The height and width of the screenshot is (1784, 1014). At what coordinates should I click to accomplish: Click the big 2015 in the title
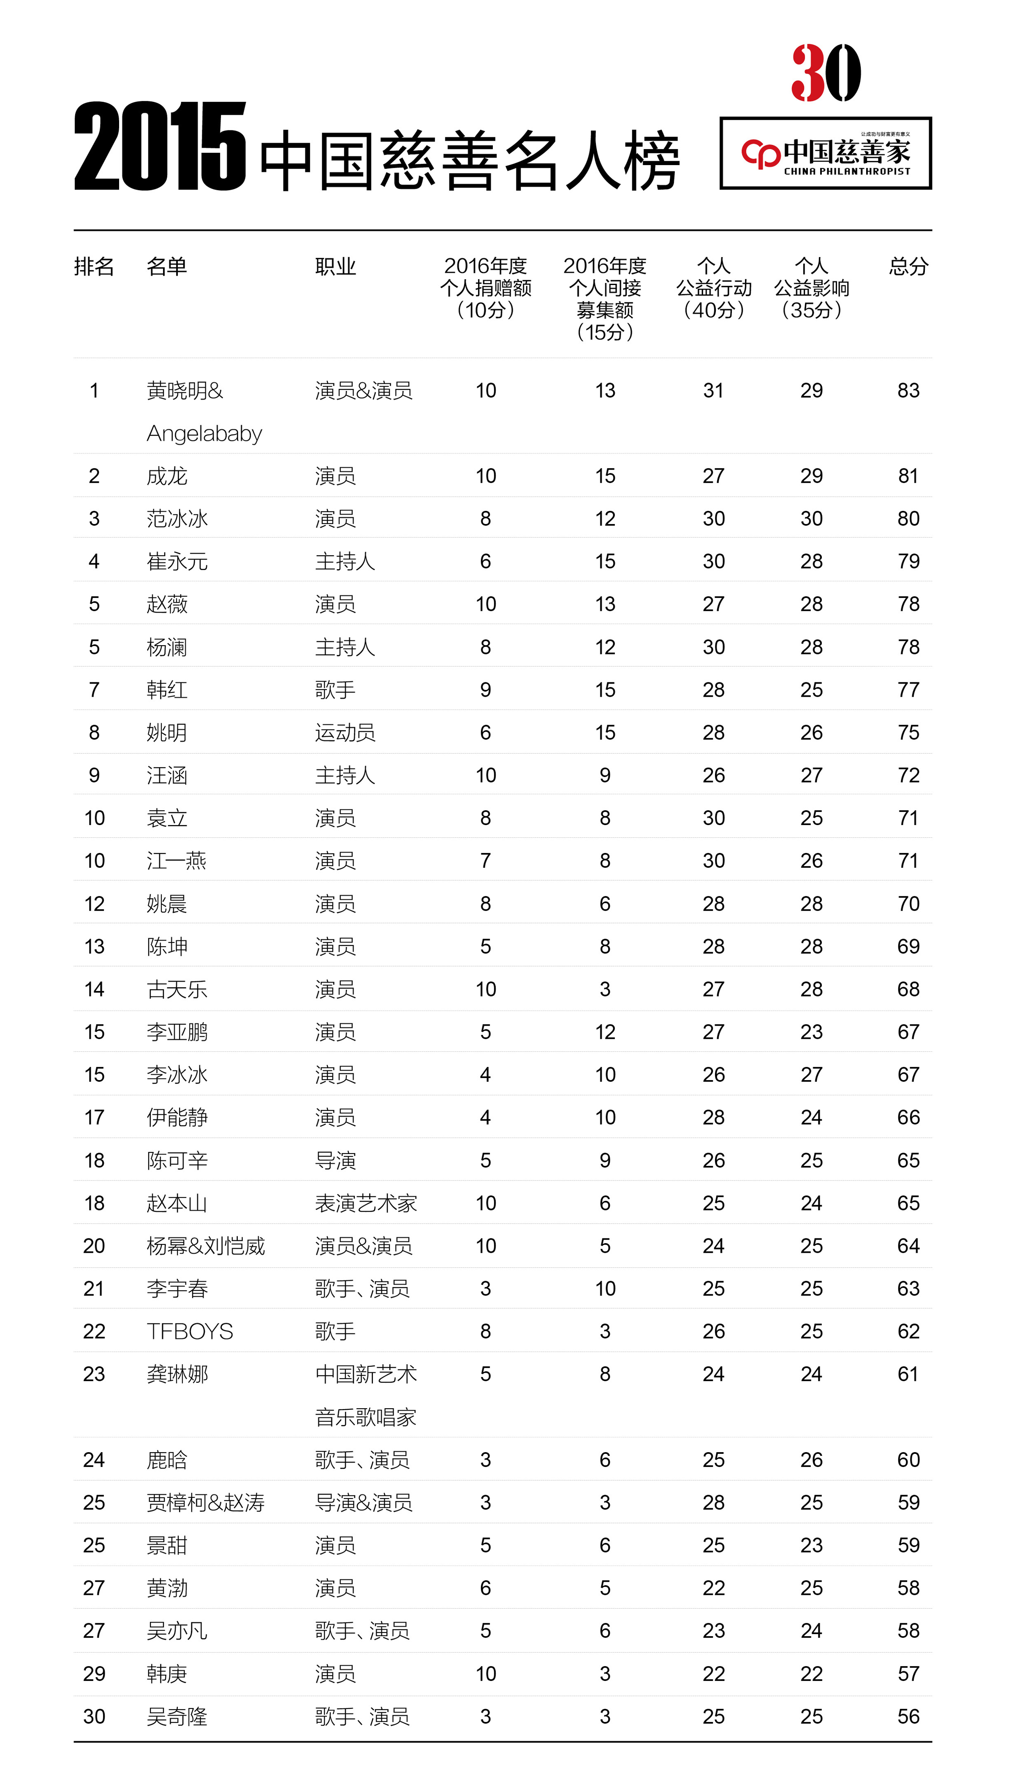(x=160, y=146)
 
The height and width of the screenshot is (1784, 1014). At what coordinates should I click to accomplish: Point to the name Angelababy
(x=204, y=434)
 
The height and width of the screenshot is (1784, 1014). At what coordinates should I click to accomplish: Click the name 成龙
(x=167, y=476)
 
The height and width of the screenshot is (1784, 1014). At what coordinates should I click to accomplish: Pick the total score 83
(x=908, y=391)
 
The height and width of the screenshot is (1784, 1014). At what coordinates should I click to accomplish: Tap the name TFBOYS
(x=190, y=1331)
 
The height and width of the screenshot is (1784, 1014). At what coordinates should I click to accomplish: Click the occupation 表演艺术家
(x=366, y=1203)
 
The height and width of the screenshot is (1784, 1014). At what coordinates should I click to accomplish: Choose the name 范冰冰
(x=177, y=519)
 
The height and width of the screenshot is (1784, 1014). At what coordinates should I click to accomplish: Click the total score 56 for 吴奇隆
(x=908, y=1716)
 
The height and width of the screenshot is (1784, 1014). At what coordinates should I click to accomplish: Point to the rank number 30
(x=94, y=1716)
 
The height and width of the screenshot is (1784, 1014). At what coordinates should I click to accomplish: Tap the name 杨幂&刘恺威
(x=205, y=1246)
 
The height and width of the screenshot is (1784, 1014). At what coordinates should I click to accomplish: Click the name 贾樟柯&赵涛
(x=205, y=1503)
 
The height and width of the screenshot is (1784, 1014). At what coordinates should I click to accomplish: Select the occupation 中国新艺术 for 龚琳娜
(x=366, y=1374)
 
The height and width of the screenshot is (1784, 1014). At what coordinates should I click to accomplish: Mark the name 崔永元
(x=177, y=561)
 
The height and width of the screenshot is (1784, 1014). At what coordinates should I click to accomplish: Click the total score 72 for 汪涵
(x=908, y=775)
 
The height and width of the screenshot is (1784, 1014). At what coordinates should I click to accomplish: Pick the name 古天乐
(x=177, y=989)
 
